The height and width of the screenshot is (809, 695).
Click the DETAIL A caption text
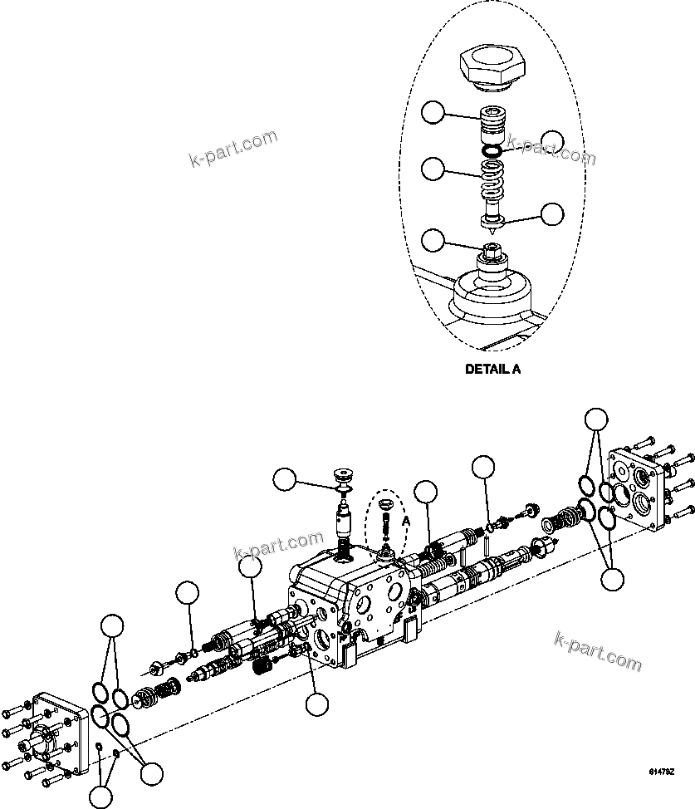pos(493,370)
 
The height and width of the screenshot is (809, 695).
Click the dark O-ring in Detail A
pos(493,151)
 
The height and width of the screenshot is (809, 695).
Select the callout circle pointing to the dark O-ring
pos(553,142)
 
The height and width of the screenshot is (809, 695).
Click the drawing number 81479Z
pos(661,772)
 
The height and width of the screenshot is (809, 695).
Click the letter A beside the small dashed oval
pos(406,520)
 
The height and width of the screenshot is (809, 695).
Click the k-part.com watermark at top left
pos(232,150)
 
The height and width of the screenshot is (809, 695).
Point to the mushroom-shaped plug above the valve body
pos(342,479)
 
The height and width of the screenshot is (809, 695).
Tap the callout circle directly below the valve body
pos(316,704)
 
